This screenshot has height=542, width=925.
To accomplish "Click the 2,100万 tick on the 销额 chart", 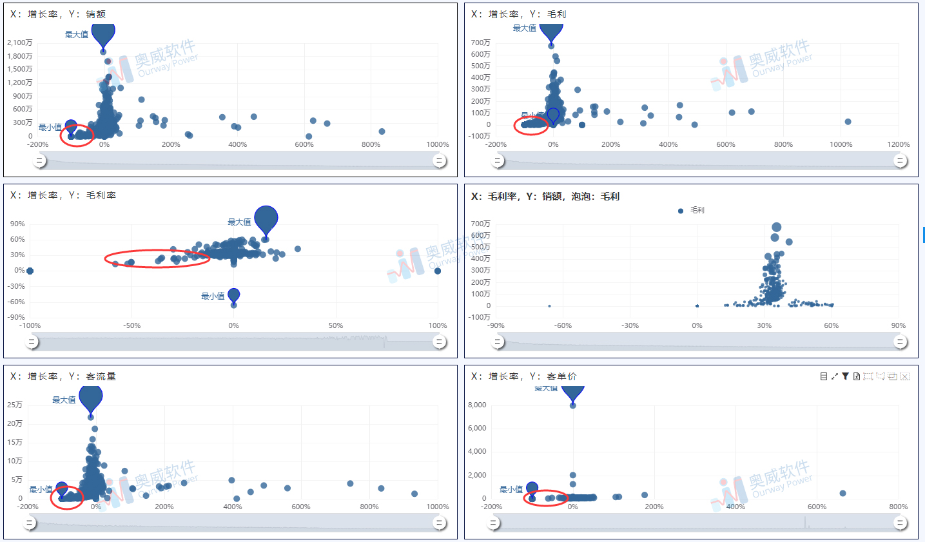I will point(19,43).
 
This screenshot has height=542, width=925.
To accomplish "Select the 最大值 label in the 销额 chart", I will point(76,35).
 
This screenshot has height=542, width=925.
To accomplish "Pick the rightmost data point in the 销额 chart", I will point(382,131).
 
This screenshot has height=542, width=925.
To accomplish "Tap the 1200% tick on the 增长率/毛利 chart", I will point(898,144).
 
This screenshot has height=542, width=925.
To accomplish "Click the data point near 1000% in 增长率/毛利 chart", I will point(848,122).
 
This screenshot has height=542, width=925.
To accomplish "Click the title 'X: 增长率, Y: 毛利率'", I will point(63,195).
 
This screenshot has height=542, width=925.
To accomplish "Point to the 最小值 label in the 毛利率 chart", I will point(213,296).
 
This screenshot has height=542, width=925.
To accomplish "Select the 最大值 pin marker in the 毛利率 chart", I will point(266,220).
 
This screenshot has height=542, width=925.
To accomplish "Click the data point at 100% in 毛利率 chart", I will point(438,271).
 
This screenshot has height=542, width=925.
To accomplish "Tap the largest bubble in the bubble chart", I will point(776,227).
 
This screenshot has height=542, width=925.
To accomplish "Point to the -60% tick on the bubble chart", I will point(563,325).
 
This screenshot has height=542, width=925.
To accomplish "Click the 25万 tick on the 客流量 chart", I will point(15,405).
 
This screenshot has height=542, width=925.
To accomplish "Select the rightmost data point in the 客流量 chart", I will point(414,494).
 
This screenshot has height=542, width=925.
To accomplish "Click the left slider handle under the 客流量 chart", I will point(30,523).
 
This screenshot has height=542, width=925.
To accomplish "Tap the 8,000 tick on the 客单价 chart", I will point(477,405).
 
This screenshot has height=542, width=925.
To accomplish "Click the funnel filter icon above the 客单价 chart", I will point(845,376).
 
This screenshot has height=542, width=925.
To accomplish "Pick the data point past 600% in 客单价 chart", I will point(842,493).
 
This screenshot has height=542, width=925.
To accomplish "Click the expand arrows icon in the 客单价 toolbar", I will point(834,376).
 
